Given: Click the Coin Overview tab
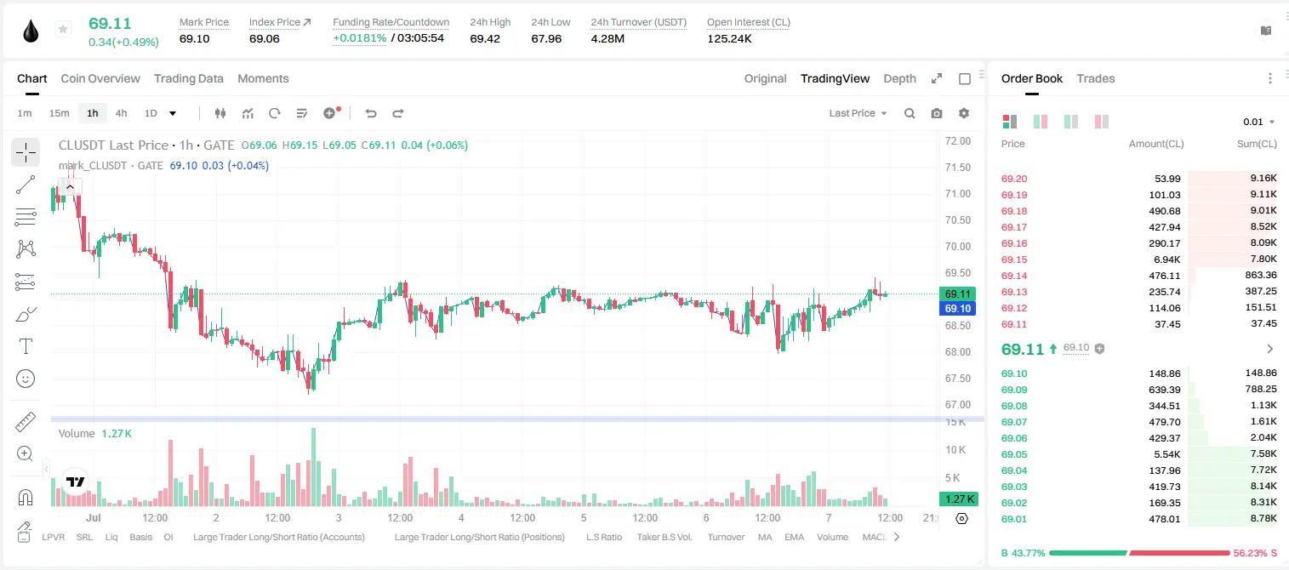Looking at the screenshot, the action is (100, 78).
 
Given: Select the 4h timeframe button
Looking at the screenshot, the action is (121, 113).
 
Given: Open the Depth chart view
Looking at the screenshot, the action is (899, 78).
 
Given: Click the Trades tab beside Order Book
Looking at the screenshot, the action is (1096, 78).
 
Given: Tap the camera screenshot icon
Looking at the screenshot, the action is (937, 113).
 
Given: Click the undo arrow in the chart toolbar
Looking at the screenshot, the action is (371, 113).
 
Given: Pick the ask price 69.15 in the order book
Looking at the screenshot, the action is (1014, 259).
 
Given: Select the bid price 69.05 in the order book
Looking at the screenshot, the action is (1014, 454).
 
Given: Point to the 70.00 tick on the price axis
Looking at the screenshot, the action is (957, 246).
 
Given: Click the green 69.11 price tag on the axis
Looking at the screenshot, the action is (957, 294).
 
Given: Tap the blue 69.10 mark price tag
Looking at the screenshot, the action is (957, 308).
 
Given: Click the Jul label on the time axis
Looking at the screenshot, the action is (94, 517).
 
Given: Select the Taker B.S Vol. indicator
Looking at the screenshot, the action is (664, 537).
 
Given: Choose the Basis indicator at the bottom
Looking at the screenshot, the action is (141, 537).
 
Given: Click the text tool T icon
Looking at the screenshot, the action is (26, 346).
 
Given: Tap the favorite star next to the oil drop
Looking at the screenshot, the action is (63, 29).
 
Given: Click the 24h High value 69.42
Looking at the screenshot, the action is (485, 38).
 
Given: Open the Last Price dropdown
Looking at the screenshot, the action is (858, 113).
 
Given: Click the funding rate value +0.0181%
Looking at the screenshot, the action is (360, 38).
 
